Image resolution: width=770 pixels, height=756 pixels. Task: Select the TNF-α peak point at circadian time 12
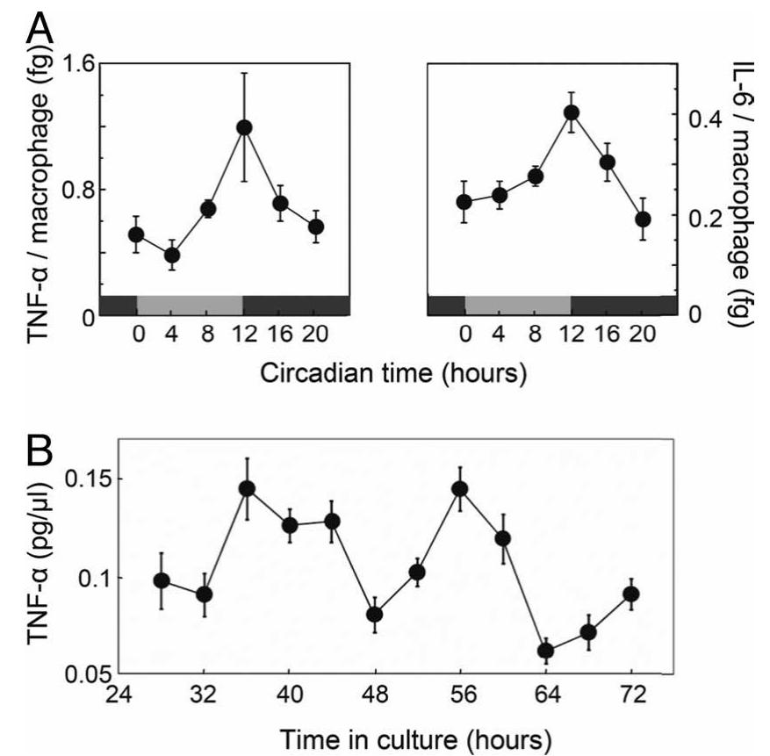(243, 127)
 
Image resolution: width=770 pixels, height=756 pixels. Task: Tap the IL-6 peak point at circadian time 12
(572, 112)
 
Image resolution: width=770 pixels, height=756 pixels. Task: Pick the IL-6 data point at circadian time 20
(643, 219)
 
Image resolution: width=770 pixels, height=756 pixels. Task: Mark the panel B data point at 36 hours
(247, 488)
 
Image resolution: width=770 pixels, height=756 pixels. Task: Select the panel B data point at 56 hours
(460, 489)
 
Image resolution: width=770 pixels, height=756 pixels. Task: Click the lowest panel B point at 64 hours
(545, 651)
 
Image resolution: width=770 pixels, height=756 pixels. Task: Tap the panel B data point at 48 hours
(375, 614)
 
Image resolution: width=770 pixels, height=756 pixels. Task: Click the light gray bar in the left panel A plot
(190, 305)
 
